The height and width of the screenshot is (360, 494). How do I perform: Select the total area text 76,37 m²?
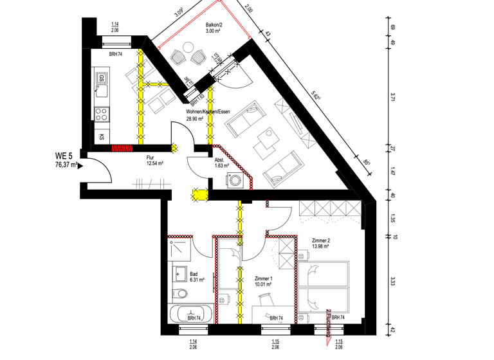66,165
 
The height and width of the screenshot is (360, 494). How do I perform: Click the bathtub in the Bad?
189,315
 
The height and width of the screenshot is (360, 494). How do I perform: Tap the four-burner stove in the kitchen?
102,114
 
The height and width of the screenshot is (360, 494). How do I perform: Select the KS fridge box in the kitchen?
102,137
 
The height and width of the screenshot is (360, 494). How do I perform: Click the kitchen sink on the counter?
101,80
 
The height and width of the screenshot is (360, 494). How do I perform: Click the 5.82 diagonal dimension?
316,94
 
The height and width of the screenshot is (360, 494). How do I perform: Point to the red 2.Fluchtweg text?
329,321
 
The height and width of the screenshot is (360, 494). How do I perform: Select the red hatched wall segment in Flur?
122,147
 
